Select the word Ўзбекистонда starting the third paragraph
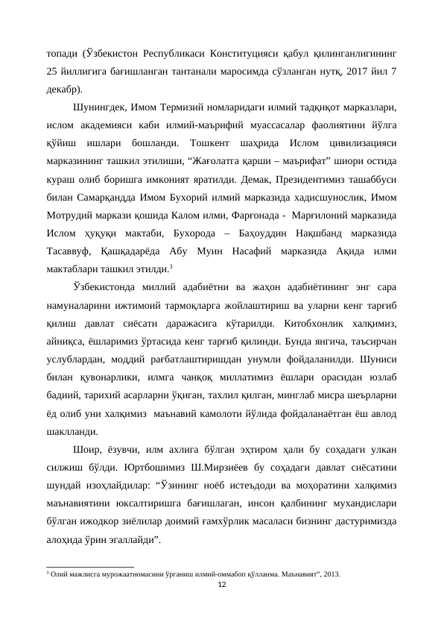111,287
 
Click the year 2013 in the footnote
331,574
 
